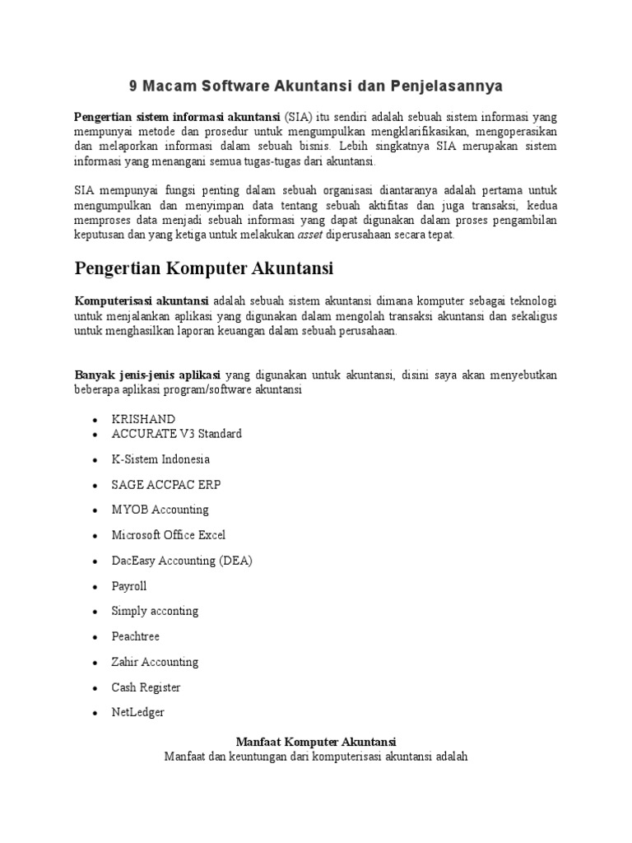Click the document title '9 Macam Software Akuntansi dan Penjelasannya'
[x=316, y=86]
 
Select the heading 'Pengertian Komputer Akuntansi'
[x=203, y=268]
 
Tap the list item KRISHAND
[x=143, y=419]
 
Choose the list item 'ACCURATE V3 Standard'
[x=176, y=434]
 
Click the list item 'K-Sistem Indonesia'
[x=160, y=459]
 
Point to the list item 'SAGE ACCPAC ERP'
[x=166, y=485]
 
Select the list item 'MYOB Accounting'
[x=160, y=510]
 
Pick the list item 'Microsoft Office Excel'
[x=168, y=535]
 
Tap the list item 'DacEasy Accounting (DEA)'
[x=182, y=561]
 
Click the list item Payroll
[x=129, y=586]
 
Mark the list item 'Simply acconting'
[x=155, y=611]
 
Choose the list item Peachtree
[x=135, y=636]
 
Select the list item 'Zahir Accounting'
[x=155, y=662]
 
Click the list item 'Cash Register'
[x=146, y=687]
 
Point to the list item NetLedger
[x=137, y=713]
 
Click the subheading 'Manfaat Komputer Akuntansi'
[x=316, y=741]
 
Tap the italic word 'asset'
[x=310, y=235]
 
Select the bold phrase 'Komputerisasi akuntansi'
[x=142, y=300]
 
